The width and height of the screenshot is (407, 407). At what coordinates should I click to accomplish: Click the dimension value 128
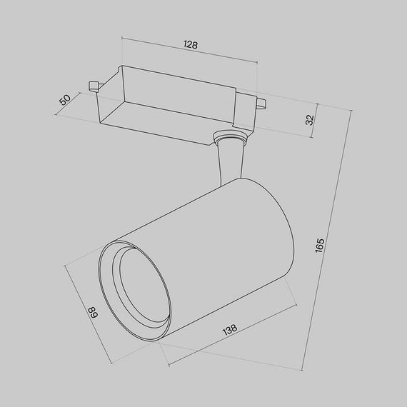(190, 44)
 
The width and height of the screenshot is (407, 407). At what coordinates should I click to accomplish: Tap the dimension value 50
(66, 99)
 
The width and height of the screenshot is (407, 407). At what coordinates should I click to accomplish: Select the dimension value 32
(309, 119)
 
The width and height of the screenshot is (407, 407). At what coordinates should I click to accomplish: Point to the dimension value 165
(321, 245)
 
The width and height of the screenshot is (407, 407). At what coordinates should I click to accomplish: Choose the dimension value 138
(231, 330)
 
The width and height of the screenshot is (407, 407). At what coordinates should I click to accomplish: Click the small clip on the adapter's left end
(92, 86)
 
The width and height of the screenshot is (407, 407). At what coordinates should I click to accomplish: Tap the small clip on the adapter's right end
(261, 105)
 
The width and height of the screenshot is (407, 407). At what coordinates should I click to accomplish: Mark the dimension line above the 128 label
(189, 52)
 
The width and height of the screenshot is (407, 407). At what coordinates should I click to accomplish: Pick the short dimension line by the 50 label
(75, 104)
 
